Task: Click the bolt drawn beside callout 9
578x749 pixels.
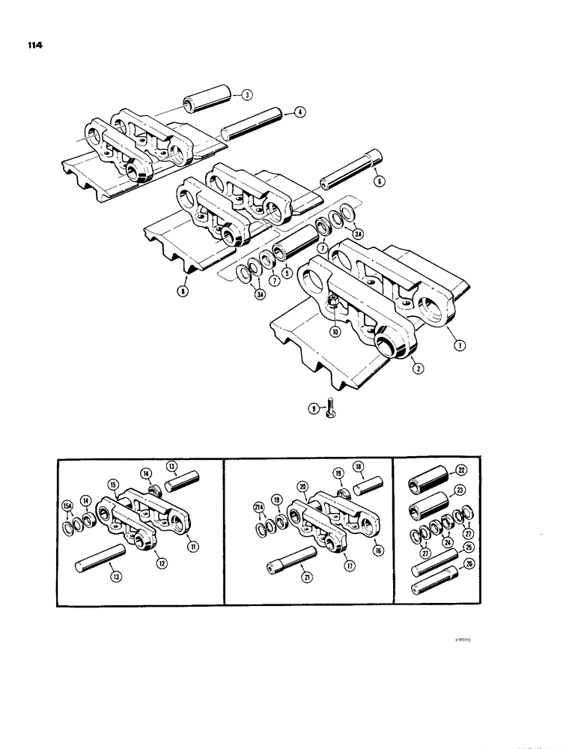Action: coord(332,410)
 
